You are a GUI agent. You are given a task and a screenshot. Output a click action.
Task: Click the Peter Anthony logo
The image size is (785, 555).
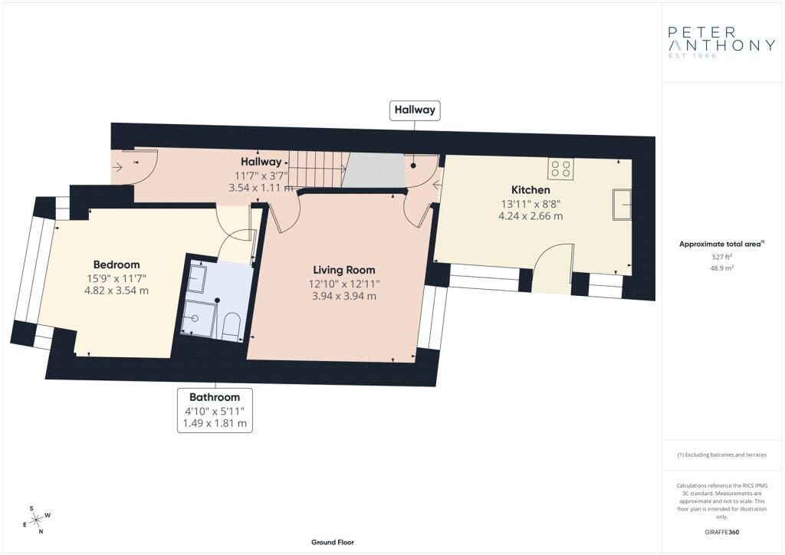[x=721, y=42]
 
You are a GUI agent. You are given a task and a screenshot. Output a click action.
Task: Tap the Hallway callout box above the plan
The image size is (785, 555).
[x=415, y=110]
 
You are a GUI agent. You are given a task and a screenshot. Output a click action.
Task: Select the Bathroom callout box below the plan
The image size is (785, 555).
[x=215, y=410]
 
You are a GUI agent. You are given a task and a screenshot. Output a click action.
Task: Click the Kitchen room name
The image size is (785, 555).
[x=530, y=190]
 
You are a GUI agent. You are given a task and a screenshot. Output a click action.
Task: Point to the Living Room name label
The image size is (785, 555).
[x=344, y=270]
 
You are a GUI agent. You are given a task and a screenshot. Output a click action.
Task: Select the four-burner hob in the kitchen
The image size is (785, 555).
[x=560, y=168]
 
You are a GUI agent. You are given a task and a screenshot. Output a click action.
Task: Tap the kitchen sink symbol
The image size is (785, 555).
[x=622, y=204]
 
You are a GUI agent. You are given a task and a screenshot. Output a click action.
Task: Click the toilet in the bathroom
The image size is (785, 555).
[x=232, y=326]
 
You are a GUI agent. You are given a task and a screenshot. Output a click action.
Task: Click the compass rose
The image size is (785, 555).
[x=37, y=520]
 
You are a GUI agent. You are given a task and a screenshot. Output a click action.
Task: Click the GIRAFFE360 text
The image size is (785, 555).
[x=722, y=532]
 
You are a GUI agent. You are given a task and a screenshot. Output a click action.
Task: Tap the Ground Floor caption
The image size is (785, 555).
[x=333, y=543]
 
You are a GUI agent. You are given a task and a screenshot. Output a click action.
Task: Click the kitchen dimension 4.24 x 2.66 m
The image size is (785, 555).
[x=530, y=216]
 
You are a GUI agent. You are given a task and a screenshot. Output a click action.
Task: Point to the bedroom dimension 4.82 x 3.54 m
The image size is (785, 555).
[x=116, y=291]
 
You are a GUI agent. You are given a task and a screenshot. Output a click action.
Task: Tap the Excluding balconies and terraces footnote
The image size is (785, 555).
[x=721, y=455]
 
